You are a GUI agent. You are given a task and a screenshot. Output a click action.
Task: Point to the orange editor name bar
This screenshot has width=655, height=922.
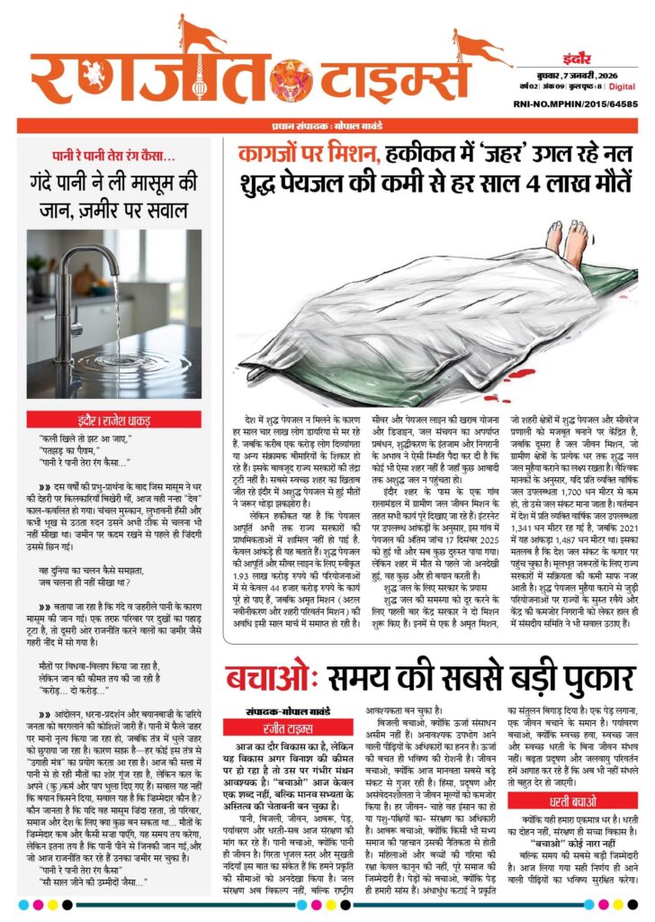click(327, 126)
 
